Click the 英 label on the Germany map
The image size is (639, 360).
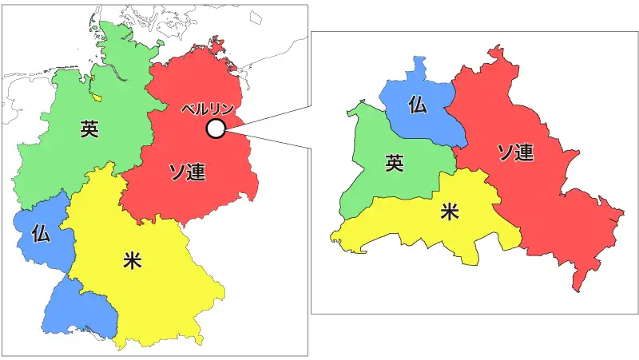[89, 129]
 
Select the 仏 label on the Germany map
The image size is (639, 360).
[42, 233]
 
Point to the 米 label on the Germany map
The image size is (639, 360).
[133, 259]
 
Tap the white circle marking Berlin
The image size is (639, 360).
[215, 129]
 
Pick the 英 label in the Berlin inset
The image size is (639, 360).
[394, 164]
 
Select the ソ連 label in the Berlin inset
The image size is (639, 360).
[515, 152]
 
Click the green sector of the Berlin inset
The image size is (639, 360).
[375, 180]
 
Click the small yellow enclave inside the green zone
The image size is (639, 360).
[97, 97]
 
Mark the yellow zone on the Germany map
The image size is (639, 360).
[160, 295]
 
